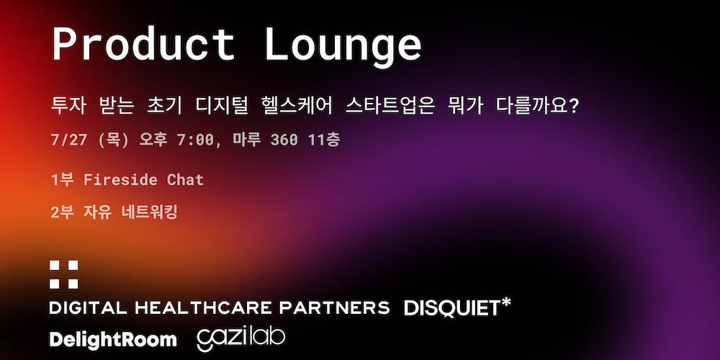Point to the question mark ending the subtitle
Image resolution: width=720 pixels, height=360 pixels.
pyautogui.click(x=573, y=107)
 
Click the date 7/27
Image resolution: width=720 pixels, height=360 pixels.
pyautogui.click(x=69, y=140)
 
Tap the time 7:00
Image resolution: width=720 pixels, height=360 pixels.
pyautogui.click(x=194, y=140)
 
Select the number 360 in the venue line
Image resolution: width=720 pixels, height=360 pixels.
pyautogui.click(x=284, y=140)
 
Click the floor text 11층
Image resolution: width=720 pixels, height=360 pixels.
pyautogui.click(x=324, y=140)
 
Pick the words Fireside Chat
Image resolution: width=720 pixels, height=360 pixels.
pyautogui.click(x=143, y=179)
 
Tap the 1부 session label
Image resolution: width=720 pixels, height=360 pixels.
pyautogui.click(x=62, y=179)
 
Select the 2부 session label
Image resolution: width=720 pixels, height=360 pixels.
pyautogui.click(x=62, y=212)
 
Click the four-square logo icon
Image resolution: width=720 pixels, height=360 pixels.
pyautogui.click(x=64, y=274)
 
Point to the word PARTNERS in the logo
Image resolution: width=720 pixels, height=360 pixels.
pyautogui.click(x=334, y=308)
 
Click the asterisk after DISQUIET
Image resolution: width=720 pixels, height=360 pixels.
pyautogui.click(x=505, y=304)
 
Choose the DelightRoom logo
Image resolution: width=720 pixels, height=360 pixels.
pyautogui.click(x=113, y=340)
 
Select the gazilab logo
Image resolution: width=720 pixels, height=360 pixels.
pyautogui.click(x=241, y=339)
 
